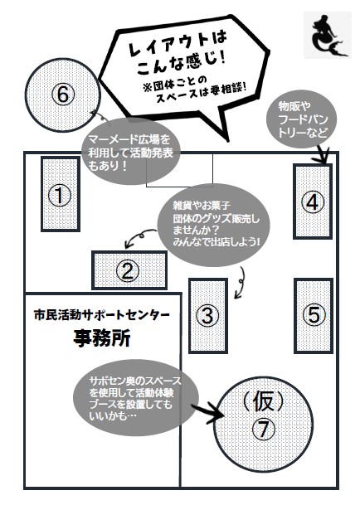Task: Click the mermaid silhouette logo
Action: (x=327, y=36)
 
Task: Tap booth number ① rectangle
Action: (x=61, y=194)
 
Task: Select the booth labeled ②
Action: (x=129, y=270)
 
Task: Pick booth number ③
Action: (x=208, y=316)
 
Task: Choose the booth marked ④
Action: (x=312, y=202)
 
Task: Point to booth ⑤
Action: (x=313, y=316)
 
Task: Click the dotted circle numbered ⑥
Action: (x=63, y=95)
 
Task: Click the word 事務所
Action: (x=102, y=338)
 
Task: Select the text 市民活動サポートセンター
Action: (x=101, y=315)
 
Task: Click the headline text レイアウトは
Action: (x=178, y=43)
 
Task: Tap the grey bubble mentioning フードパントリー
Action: (x=301, y=119)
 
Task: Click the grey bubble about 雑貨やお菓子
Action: (x=213, y=225)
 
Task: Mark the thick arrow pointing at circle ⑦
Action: (x=208, y=411)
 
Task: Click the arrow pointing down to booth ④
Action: (x=323, y=153)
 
